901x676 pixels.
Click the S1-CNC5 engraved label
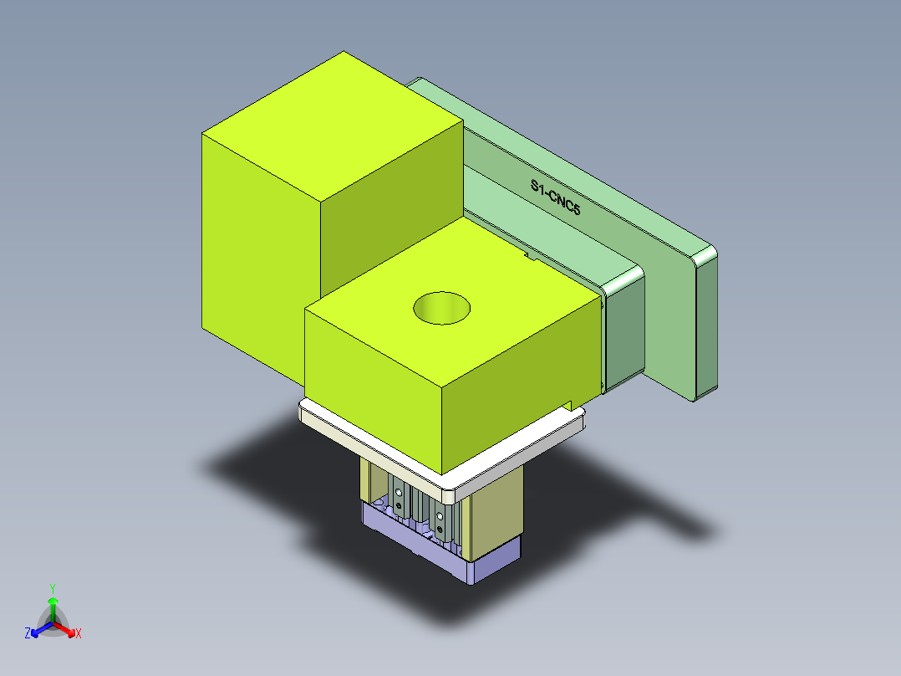pyautogui.click(x=555, y=198)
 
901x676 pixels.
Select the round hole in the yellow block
pyautogui.click(x=442, y=308)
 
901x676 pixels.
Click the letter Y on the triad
pyautogui.click(x=53, y=588)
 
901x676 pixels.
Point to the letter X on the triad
pyautogui.click(x=79, y=634)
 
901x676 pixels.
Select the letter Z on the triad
pyautogui.click(x=28, y=634)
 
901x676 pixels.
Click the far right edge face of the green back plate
pyautogui.click(x=706, y=326)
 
